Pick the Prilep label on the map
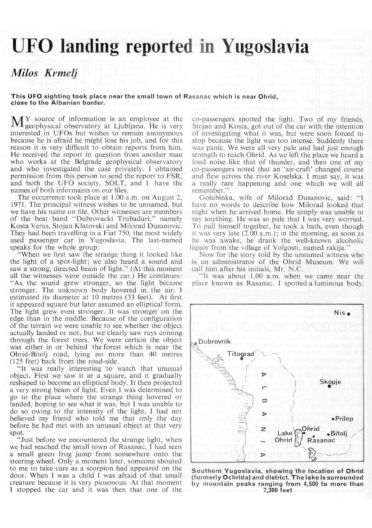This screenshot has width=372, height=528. point(344,419)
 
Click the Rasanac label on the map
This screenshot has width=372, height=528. point(321,439)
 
